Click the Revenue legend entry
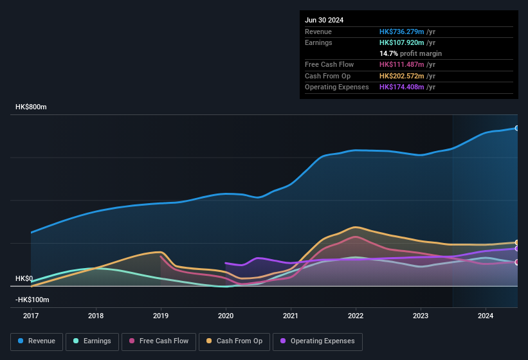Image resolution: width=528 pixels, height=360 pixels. click(37, 341)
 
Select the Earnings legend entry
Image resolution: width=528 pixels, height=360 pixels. click(93, 341)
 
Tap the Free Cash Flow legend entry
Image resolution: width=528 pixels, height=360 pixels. click(159, 341)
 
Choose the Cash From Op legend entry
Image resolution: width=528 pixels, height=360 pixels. click(234, 341)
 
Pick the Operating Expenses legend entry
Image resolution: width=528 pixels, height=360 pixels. click(318, 341)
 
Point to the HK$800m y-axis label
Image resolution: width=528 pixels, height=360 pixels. click(31, 107)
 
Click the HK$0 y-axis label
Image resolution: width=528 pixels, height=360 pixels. click(24, 278)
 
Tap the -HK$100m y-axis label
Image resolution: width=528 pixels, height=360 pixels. click(32, 300)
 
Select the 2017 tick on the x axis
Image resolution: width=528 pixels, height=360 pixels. click(31, 316)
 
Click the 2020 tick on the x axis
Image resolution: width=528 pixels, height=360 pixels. click(226, 316)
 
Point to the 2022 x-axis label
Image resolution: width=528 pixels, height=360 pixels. click(356, 316)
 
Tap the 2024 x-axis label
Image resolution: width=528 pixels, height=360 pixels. click(486, 316)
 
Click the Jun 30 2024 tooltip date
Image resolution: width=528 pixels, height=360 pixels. click(324, 20)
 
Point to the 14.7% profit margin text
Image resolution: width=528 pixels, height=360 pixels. click(410, 53)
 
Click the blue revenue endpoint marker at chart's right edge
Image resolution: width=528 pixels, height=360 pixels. click(517, 128)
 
